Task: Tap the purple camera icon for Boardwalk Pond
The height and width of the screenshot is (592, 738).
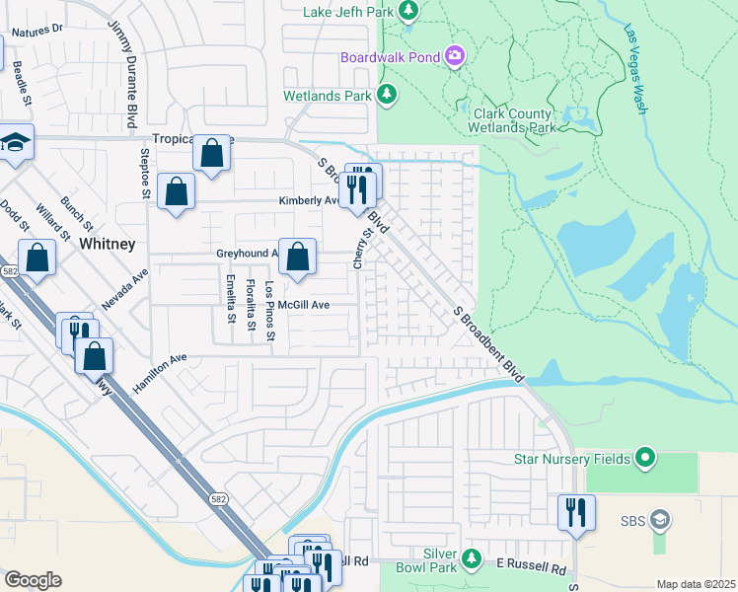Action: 455,55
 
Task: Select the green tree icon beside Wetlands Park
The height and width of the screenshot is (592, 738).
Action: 388,95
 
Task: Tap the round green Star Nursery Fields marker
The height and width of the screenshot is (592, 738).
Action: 645,457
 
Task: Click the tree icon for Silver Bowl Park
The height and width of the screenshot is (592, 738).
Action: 472,560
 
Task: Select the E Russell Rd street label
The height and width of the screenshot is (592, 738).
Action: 532,569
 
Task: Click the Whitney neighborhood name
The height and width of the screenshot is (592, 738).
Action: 107,243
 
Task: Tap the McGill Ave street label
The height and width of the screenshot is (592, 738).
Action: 303,305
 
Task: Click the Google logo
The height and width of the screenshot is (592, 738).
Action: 33,580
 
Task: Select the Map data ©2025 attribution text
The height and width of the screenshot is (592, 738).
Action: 695,584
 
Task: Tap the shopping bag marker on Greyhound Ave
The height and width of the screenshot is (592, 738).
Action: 297,257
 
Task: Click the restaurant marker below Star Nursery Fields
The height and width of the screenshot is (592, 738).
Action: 576,512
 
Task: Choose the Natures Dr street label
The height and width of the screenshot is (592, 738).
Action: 37,30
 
